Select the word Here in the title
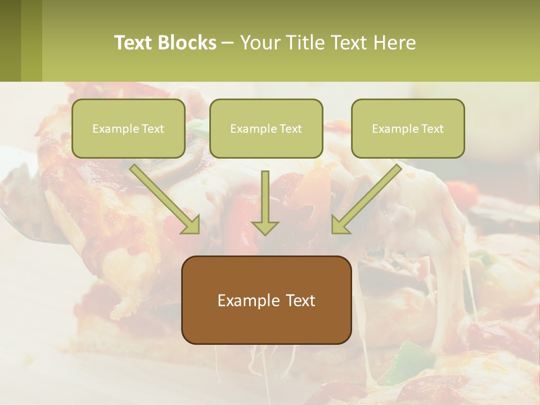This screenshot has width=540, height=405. pos(395,43)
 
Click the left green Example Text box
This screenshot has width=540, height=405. pos(128,129)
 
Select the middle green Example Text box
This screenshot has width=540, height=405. pos(266,129)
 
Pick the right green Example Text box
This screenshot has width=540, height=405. pos(408,129)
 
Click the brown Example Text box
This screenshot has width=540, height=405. pos(266,300)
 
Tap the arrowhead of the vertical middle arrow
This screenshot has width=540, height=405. pos(265,227)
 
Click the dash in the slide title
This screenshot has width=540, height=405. pos(228,43)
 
